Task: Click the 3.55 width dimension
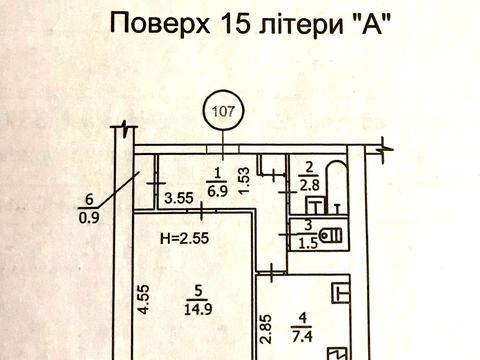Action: pos(178,198)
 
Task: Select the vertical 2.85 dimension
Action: pos(264,329)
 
